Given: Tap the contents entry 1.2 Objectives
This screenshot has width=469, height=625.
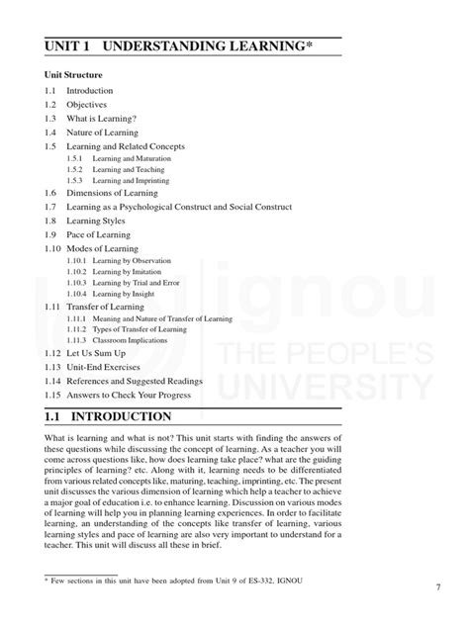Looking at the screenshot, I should pos(86,104).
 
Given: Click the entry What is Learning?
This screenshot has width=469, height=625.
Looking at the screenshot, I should pos(101,118).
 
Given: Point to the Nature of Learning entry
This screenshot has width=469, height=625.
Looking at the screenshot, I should pos(102,132).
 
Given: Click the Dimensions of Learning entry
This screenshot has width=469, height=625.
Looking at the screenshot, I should pos(111,193).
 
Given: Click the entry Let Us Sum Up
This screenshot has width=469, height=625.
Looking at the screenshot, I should pos(94,353).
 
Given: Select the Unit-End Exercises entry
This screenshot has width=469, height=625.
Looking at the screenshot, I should pos(105,367).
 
